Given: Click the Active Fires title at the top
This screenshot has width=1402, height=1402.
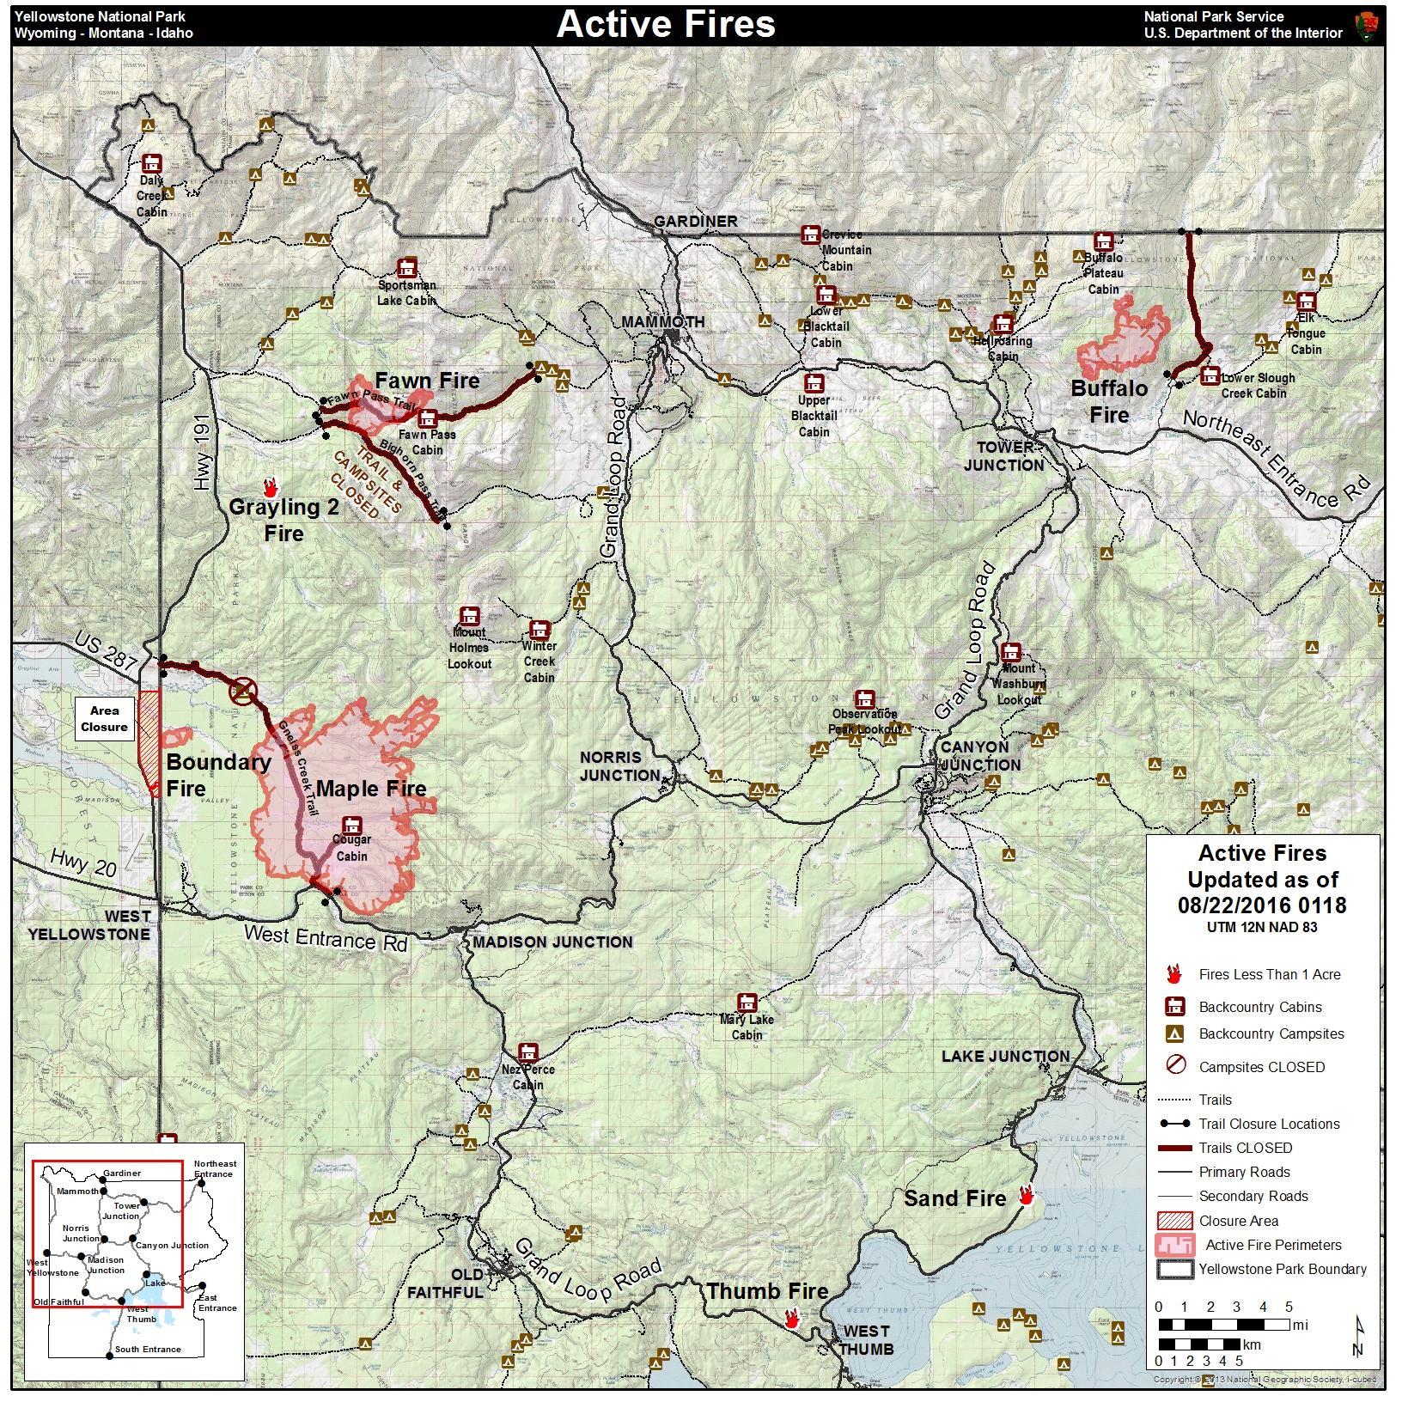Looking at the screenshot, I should [666, 24].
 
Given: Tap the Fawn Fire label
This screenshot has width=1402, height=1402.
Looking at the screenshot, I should [427, 381].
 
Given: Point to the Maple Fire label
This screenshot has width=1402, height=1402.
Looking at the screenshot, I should [371, 789].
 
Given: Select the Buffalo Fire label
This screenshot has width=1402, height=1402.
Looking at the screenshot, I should [1109, 401].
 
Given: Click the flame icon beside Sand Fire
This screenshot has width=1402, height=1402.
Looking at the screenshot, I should [1026, 1195].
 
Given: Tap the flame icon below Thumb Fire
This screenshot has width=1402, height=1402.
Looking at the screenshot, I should [792, 1319].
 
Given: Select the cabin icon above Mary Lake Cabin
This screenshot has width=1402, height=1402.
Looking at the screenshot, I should [747, 1003].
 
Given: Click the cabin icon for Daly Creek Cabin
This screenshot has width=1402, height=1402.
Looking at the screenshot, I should [152, 163].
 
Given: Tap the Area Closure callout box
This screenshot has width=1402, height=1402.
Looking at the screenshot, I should [105, 719].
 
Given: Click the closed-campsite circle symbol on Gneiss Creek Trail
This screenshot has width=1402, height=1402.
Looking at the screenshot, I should [243, 691].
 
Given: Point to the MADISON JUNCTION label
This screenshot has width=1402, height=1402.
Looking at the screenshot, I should [552, 942].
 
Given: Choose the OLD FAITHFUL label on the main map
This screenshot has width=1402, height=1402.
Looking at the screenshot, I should [445, 1283].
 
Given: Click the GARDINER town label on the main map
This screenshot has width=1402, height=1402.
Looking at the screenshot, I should [695, 222].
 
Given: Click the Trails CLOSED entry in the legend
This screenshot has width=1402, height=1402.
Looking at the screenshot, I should [1245, 1148].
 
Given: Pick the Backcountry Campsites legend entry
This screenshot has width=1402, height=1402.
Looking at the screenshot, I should [1271, 1034].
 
